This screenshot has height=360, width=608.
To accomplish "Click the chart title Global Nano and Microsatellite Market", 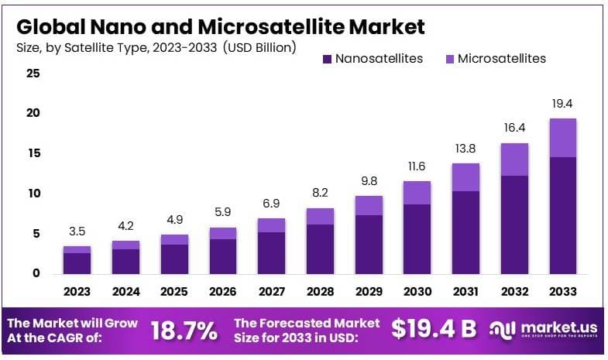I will (x=220, y=26).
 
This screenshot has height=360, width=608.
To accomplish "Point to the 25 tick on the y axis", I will (x=33, y=74).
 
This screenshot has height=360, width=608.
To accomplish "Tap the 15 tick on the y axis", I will (x=33, y=153).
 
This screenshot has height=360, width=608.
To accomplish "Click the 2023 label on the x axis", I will (x=77, y=292).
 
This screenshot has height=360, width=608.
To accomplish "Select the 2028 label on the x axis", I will (x=320, y=292).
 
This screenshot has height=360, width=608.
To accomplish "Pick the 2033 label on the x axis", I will (x=562, y=292).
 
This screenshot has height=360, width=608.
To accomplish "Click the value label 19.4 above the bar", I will (x=562, y=104).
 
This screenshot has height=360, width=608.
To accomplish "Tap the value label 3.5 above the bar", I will (x=77, y=231).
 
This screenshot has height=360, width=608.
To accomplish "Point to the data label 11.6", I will (x=417, y=166).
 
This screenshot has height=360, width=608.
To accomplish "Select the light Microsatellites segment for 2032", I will (x=514, y=159).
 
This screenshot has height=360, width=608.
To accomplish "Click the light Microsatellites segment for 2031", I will (x=465, y=177).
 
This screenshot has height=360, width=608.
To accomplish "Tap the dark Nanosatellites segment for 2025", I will (x=174, y=259).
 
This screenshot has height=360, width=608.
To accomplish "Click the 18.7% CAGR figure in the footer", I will (x=184, y=331).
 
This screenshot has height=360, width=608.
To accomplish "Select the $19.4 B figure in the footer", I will (x=434, y=329).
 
